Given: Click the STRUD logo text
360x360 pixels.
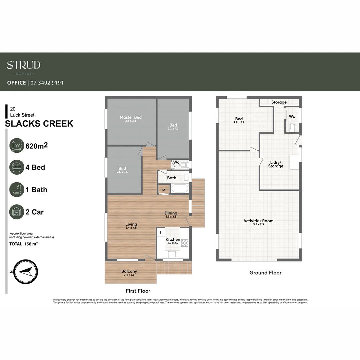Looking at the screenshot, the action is click(24, 65).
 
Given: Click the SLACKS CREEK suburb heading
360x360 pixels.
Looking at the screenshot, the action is click(39, 124).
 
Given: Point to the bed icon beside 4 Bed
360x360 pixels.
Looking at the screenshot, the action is click(17, 167).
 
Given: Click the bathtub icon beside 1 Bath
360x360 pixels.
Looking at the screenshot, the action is click(17, 190).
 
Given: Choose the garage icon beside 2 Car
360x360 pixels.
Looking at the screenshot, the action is click(17, 212).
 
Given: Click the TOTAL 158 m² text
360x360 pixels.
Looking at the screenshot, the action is click(23, 244).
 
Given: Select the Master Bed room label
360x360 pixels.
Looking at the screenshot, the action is click(131, 117).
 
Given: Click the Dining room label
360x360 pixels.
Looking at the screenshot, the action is click(171, 213).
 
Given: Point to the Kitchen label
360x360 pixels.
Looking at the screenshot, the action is click(173, 239).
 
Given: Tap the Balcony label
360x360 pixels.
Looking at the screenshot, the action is click(129, 271).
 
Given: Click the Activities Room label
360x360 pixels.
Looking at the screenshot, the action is click(258, 221).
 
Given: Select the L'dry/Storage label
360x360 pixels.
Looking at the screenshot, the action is click(276, 164).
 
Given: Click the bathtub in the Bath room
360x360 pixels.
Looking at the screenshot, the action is click(180, 189).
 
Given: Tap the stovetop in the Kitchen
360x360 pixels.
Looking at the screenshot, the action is click(185, 243).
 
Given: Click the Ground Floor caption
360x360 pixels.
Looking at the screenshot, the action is click(265, 273).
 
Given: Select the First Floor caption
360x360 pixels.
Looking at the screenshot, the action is click(138, 291).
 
